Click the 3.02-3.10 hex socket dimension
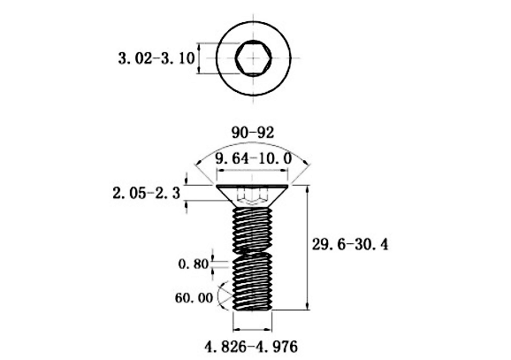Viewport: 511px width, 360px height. [x=156, y=58]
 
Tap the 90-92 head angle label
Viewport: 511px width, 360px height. [x=253, y=133]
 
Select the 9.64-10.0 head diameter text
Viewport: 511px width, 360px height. [x=253, y=159]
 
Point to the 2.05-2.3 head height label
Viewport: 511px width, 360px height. [x=147, y=194]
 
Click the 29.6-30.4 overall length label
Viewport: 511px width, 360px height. [x=350, y=244]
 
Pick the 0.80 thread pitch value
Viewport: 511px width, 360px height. [x=194, y=264]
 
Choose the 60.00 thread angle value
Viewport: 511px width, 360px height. [x=194, y=298]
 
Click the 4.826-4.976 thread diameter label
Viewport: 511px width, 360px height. [x=251, y=347]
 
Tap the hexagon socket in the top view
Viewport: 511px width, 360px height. [x=253, y=58]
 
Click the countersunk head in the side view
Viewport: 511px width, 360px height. [x=253, y=196]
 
